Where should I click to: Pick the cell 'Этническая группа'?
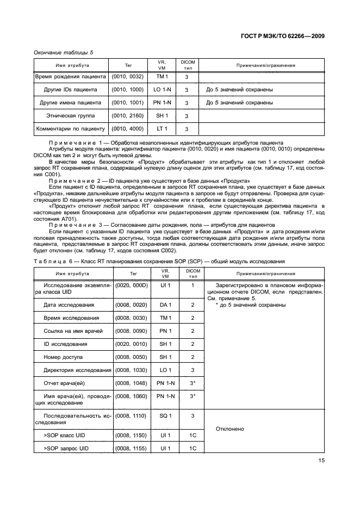pyautogui.click(x=71, y=116)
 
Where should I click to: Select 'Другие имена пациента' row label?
pyautogui.click(x=71, y=103)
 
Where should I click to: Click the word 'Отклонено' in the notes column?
pyautogui.click(x=230, y=429)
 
